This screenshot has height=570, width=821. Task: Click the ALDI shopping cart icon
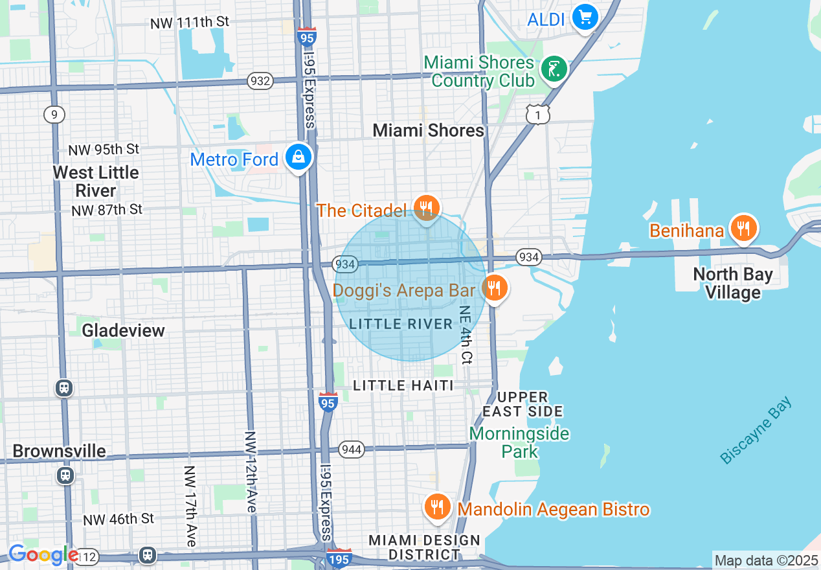585,17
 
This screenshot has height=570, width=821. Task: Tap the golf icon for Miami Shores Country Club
554,69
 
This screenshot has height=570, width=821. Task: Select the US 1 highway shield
538,115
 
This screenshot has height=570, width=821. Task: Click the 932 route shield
260,81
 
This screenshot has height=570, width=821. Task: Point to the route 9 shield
54,115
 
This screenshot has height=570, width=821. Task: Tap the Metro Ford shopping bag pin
298,157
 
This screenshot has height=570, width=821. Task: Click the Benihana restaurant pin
743,229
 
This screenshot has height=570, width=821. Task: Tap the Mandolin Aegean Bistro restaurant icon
438,507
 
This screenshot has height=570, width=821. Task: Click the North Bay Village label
733,284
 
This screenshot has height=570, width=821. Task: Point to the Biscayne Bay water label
756,431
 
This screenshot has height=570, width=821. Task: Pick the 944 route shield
351,449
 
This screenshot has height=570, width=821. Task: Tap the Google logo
43,554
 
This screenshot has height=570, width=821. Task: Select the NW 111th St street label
190,23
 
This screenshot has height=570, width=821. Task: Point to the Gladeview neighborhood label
123,330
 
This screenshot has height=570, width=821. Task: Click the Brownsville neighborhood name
59,451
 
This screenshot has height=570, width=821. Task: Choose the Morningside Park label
520,442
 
